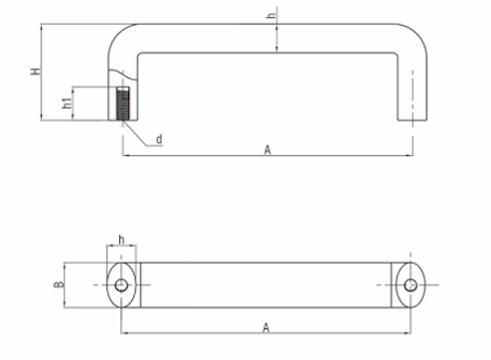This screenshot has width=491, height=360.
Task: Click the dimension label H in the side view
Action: pyautogui.click(x=36, y=72)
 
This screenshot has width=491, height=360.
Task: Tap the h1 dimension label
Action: pyautogui.click(x=67, y=102)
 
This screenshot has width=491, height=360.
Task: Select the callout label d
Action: pyautogui.click(x=159, y=139)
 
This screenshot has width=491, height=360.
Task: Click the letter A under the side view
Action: pyautogui.click(x=267, y=150)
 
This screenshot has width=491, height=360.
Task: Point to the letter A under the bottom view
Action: pyautogui.click(x=265, y=328)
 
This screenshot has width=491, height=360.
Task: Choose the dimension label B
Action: pyautogui.click(x=59, y=284)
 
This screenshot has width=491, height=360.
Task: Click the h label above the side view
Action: pyautogui.click(x=271, y=15)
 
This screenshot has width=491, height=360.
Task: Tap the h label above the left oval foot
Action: pyautogui.click(x=121, y=240)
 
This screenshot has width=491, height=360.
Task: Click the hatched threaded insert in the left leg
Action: pyautogui.click(x=123, y=103)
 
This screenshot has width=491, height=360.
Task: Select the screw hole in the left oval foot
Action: pyautogui.click(x=121, y=284)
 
